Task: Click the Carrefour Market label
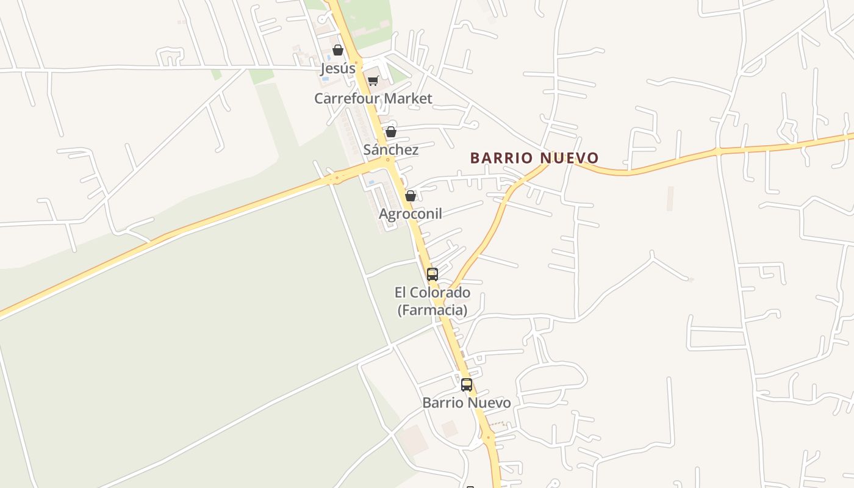373,98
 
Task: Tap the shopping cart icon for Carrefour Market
373,81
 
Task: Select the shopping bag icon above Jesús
337,50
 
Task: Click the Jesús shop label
338,68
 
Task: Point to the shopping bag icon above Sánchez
391,132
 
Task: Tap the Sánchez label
391,149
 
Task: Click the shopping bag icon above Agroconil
411,196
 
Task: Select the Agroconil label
411,213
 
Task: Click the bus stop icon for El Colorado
432,274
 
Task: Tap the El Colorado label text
432,292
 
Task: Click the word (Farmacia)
432,310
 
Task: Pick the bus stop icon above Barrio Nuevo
467,385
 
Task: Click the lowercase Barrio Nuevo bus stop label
467,403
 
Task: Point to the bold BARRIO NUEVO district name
534,158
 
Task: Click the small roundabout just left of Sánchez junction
336,179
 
